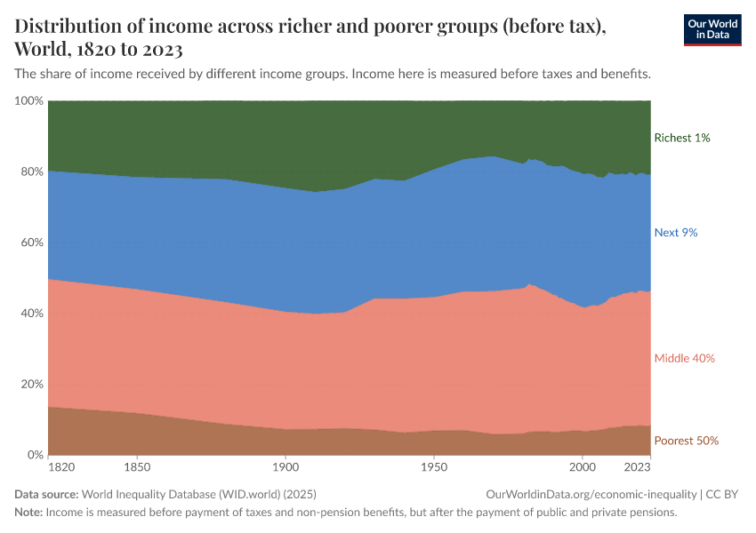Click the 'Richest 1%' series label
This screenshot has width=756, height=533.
681,138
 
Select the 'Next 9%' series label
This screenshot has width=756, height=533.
676,233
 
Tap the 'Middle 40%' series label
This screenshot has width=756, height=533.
684,358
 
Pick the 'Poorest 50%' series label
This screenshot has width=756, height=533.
686,441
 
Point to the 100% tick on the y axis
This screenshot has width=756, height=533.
29,101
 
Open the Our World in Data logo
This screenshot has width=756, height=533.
712,29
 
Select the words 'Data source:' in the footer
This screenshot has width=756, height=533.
46,494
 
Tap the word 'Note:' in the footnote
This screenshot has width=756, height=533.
28,513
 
